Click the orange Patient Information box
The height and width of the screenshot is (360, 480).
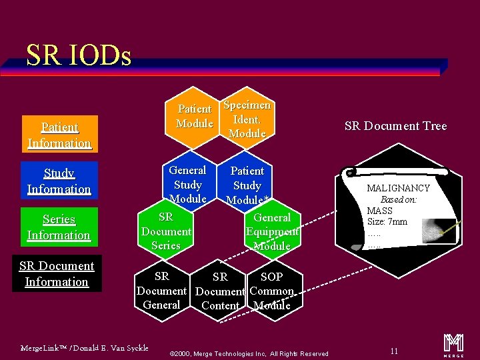pos(59,135)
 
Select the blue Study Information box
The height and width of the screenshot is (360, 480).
pos(59,181)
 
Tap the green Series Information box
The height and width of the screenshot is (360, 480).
pos(59,227)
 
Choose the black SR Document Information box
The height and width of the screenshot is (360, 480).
pos(57,273)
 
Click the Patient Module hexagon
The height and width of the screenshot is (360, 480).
pos(194,117)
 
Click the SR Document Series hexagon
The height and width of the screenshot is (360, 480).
pos(166,231)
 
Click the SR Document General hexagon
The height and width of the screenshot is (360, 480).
pos(161,291)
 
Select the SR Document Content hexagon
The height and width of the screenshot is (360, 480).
pos(220,291)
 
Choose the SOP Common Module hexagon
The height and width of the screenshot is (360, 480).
pos(272,291)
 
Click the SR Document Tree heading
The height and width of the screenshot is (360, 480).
pos(395,126)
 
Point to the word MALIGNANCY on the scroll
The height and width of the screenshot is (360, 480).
pos(398,188)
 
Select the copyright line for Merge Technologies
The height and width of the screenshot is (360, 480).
pos(249,353)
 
